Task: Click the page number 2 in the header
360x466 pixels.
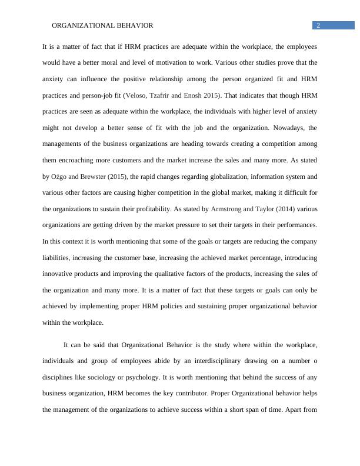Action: (318, 25)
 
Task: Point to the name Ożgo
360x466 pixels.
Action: (59, 176)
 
